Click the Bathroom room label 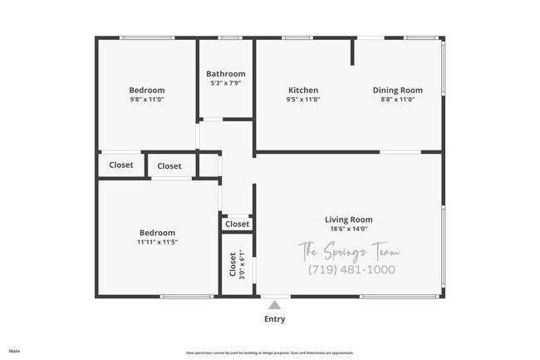tap(226, 74)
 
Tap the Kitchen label tap(303, 91)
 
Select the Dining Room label tap(397, 91)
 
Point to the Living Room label tap(348, 219)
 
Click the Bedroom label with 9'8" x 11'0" tap(146, 91)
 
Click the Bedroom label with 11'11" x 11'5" tap(157, 233)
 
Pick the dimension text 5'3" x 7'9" tap(226, 83)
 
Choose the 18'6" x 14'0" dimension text tap(348, 229)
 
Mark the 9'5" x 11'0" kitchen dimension tap(303, 100)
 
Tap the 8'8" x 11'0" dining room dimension tap(397, 100)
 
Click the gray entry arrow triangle tap(274, 305)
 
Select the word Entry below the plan tap(274, 319)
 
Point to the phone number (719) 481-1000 tap(351, 270)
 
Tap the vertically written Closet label tap(233, 264)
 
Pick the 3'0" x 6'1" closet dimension tap(242, 264)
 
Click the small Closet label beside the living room tap(237, 224)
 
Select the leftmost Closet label tap(121, 165)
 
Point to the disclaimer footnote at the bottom tap(269, 353)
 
